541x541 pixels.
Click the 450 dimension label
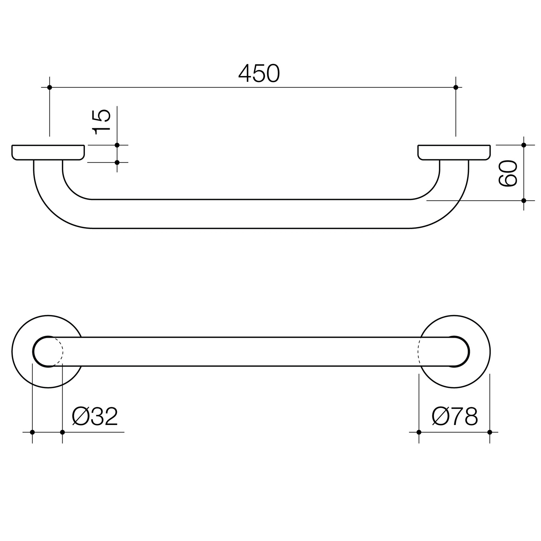[x=259, y=74]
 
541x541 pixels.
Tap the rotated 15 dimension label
[x=101, y=122]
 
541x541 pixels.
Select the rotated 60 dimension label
[x=508, y=173]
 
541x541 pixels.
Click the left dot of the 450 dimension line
[x=50, y=87]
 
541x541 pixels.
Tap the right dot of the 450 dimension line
[x=455, y=87]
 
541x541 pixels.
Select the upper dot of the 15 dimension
[x=117, y=145]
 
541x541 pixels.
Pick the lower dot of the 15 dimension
[x=117, y=163]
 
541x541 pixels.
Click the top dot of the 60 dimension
[x=523, y=145]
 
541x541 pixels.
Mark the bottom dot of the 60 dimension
[x=523, y=201]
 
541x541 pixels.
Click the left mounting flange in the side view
[x=48, y=152]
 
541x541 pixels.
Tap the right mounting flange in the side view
[x=454, y=152]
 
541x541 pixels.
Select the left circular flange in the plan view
[x=24, y=352]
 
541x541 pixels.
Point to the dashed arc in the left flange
[x=62, y=352]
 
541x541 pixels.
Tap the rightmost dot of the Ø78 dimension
[x=490, y=432]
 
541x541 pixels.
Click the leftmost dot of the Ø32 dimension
[x=32, y=432]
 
